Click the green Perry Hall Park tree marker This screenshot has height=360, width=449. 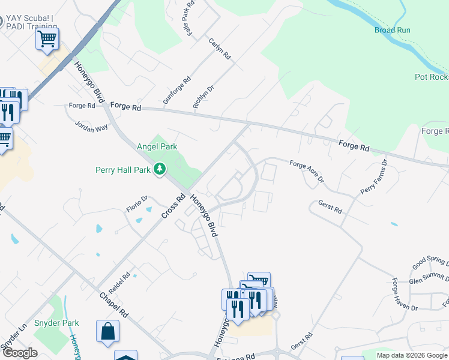click(x=160, y=170)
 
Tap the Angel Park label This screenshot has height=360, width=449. click(x=157, y=146)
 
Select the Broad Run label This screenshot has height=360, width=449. click(x=393, y=30)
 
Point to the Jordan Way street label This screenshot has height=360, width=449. click(x=91, y=127)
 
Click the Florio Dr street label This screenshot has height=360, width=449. click(x=137, y=204)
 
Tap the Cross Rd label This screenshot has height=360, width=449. click(x=174, y=206)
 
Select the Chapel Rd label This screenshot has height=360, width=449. click(x=114, y=305)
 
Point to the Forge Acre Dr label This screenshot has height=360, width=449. click(x=306, y=172)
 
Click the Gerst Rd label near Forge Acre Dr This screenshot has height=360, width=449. click(x=330, y=207)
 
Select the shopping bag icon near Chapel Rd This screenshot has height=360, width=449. click(x=107, y=331)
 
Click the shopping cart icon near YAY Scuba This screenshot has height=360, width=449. click(x=47, y=39)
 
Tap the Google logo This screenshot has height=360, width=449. click(x=19, y=353)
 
